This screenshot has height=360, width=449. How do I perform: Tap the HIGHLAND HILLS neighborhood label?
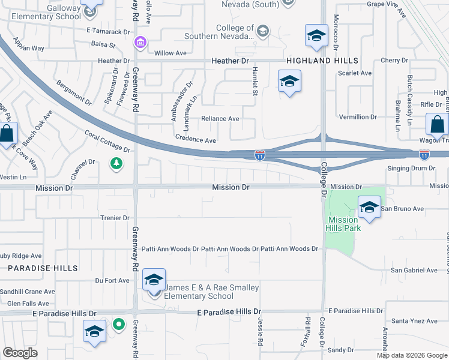[x=322, y=61]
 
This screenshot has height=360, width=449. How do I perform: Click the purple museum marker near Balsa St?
[x=140, y=43]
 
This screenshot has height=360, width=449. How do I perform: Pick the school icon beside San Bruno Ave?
[x=369, y=208]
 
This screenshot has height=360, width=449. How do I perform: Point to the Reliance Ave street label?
[x=220, y=119]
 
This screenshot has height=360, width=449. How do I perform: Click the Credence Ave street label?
[x=196, y=140]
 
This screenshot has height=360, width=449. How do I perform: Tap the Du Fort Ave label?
[x=112, y=280]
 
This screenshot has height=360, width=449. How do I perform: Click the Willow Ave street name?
[x=170, y=53]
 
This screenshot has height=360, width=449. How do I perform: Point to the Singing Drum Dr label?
[x=411, y=168]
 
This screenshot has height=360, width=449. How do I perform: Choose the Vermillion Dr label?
[x=358, y=117]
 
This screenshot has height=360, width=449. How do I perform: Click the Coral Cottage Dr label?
[x=107, y=141]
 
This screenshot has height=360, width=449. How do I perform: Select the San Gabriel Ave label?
[x=414, y=270]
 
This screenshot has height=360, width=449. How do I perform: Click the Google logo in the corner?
[x=20, y=353]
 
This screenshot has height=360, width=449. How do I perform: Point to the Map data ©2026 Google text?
[x=412, y=355]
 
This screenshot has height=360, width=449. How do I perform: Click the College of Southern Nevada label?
[x=234, y=32]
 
